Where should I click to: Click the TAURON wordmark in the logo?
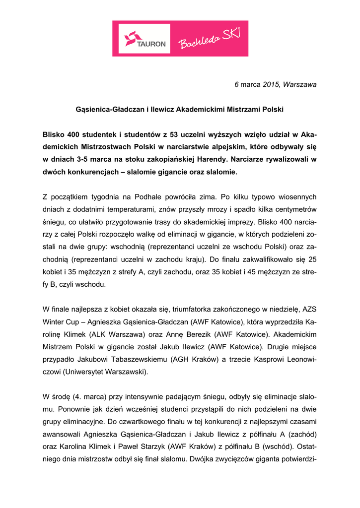[151, 44]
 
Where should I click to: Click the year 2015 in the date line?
[271, 84]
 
